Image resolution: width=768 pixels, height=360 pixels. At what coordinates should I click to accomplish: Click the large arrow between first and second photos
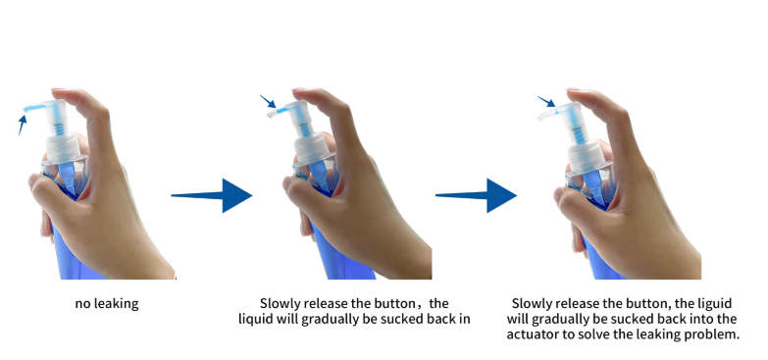click(x=212, y=195)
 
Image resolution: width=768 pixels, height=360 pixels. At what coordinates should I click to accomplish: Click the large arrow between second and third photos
click(x=476, y=195)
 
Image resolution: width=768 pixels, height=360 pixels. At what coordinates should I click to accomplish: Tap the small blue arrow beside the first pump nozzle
click(x=22, y=124)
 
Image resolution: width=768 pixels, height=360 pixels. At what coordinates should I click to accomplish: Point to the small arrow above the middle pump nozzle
click(x=268, y=101)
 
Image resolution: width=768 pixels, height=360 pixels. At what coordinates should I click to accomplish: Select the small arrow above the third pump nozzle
click(x=545, y=101)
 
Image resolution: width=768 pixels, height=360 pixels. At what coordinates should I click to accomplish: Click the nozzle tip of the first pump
click(x=26, y=109)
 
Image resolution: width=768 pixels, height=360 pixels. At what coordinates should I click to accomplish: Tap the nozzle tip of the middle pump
click(x=270, y=114)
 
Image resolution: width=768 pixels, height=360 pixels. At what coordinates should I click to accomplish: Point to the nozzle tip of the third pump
click(x=540, y=117)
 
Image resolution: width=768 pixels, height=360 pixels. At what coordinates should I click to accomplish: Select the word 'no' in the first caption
click(x=80, y=304)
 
